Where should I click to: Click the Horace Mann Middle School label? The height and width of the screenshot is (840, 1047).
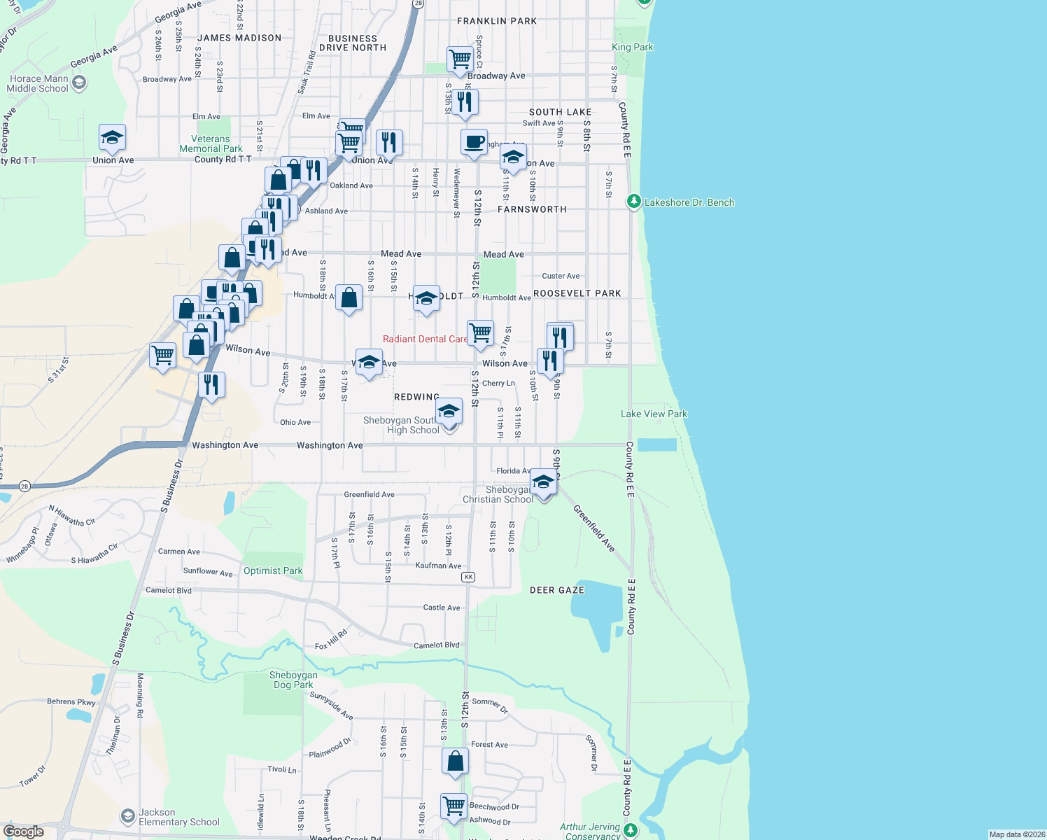tap(38, 83)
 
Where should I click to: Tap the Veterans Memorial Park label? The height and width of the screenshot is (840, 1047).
tap(211, 143)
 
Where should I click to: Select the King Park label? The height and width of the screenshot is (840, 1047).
tap(632, 47)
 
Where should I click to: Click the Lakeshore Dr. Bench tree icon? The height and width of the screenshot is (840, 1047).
tap(634, 202)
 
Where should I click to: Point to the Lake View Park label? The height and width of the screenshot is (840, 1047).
tap(654, 414)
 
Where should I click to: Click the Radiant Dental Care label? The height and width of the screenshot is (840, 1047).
tap(425, 339)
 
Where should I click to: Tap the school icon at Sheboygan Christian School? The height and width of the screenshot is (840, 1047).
tap(543, 482)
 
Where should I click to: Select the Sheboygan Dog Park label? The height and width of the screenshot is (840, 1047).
tap(293, 680)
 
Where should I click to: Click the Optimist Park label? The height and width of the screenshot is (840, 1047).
tap(273, 570)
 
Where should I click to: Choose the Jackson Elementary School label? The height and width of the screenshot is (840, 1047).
tap(178, 817)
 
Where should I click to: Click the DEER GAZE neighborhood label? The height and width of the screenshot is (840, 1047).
tap(557, 590)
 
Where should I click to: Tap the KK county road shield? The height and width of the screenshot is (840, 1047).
tap(468, 577)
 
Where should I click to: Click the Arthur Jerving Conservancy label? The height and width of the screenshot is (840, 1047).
tap(590, 831)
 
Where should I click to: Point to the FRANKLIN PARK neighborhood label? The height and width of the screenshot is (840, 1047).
tap(497, 21)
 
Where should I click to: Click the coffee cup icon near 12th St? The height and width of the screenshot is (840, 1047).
tap(475, 142)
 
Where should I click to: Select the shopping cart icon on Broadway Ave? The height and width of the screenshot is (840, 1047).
tap(460, 59)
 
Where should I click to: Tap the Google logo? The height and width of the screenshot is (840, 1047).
tap(24, 831)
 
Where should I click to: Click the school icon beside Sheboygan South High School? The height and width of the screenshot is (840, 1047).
tap(449, 412)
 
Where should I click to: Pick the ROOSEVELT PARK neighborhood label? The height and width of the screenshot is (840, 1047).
tap(577, 293)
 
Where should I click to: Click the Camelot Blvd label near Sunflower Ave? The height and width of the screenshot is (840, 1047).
tap(169, 590)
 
